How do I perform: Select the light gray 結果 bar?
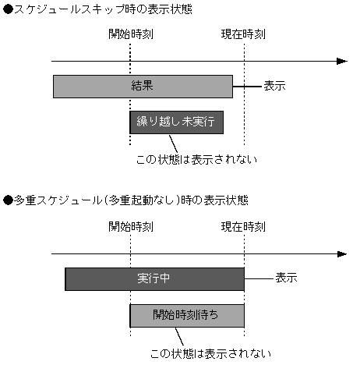click(143, 86)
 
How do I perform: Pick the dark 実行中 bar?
click(154, 278)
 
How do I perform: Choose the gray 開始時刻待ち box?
click(187, 315)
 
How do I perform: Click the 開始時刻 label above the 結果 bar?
click(131, 35)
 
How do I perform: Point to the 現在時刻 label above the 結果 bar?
click(243, 35)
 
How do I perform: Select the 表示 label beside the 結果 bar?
click(274, 86)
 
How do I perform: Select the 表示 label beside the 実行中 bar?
click(286, 278)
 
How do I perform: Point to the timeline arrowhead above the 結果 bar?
click(342, 60)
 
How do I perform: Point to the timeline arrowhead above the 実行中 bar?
click(342, 253)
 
